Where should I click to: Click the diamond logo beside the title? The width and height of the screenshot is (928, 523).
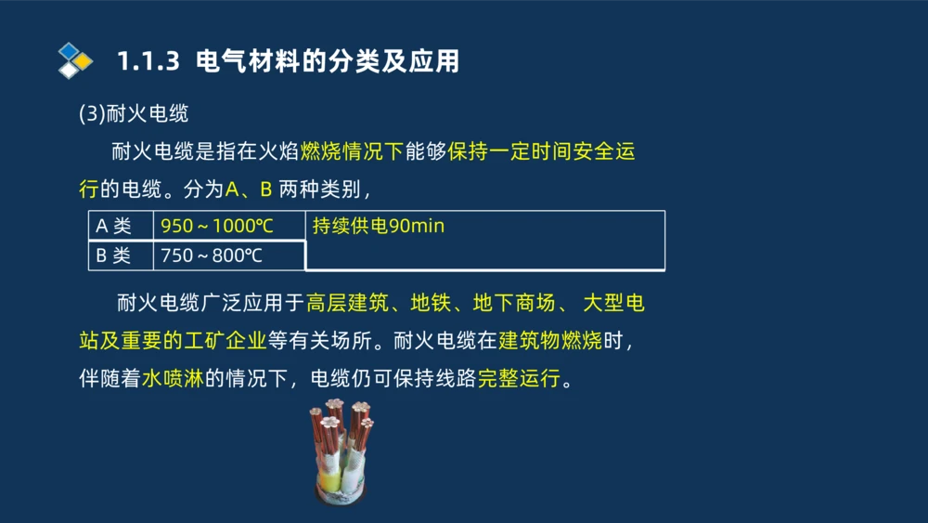pyautogui.click(x=74, y=60)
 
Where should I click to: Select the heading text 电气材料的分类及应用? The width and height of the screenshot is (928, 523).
pyautogui.click(x=328, y=62)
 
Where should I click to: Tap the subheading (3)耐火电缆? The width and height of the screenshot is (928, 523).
pyautogui.click(x=134, y=114)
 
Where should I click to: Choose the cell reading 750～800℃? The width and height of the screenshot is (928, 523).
pyautogui.click(x=212, y=255)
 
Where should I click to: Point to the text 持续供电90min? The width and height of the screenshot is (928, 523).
pyautogui.click(x=379, y=226)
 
